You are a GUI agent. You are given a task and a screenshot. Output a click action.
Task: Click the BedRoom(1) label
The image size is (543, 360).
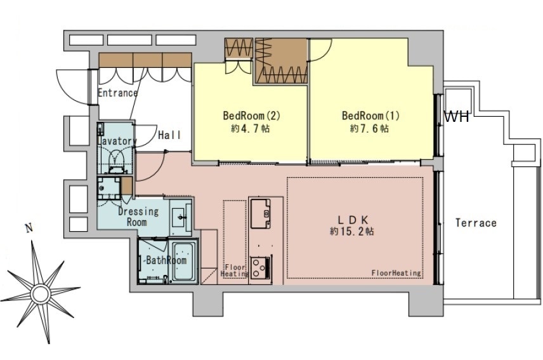pyautogui.click(x=370, y=116)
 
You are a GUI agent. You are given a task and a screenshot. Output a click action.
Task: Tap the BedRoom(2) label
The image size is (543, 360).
pyautogui.click(x=251, y=116)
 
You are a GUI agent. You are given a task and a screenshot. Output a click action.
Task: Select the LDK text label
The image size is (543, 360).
pyautogui.click(x=353, y=219)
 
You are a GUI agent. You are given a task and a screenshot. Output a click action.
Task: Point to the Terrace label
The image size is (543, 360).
pyautogui.click(x=476, y=223)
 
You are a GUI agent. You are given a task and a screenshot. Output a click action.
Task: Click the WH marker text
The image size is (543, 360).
pyautogui.click(x=457, y=117)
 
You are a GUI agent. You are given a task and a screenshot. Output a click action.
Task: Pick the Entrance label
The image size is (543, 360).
pyautogui.click(x=118, y=93)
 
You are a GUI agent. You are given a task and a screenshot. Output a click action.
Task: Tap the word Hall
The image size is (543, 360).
pyautogui.click(x=170, y=135)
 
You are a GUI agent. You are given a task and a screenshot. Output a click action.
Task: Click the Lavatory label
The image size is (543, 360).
pyautogui.click(x=117, y=141)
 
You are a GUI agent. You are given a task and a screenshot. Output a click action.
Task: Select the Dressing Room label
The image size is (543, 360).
pyautogui.click(x=138, y=217)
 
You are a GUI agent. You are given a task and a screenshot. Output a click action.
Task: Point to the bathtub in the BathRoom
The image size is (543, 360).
pyautogui.click(x=185, y=262)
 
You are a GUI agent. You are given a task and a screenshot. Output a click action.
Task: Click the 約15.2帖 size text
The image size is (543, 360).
pyautogui.click(x=352, y=232)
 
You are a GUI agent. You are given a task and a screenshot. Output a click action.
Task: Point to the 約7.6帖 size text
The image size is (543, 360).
pyautogui.click(x=369, y=129)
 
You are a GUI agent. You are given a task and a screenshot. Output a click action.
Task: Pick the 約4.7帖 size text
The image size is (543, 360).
pyautogui.click(x=251, y=129)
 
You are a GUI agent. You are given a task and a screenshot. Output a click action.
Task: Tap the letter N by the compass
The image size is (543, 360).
pyautogui.click(x=29, y=228)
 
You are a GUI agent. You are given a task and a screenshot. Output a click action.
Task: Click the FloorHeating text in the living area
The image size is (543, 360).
pyautogui.click(x=396, y=273)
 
